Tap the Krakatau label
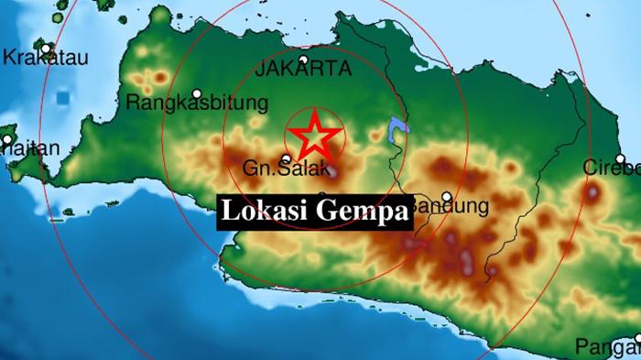click(46, 58)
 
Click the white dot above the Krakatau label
click(46, 48)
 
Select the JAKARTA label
click(304, 69)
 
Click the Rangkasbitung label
click(197, 103)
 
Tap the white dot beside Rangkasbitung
click(197, 93)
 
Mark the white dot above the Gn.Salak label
click(286, 158)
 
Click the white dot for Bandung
click(446, 196)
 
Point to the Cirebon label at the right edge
click(613, 168)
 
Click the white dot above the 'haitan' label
click(6, 140)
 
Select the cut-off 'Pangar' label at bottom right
click(608, 346)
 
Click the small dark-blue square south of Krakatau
click(63, 96)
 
